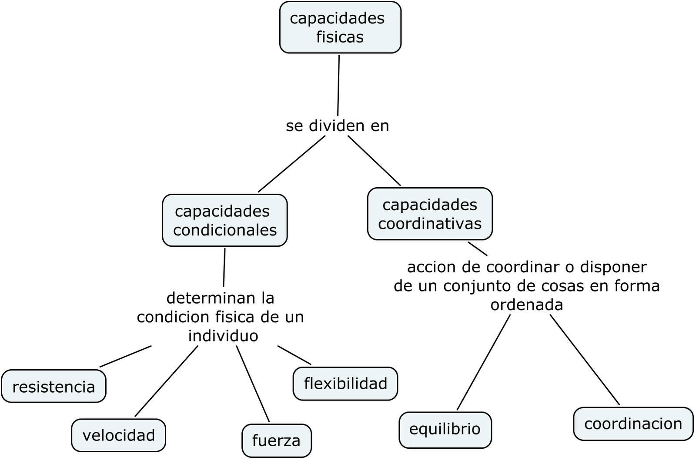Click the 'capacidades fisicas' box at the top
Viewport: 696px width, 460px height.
coord(340,27)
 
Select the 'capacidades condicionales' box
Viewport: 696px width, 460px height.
coord(224,220)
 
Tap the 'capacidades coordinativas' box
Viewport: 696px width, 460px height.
coord(430,214)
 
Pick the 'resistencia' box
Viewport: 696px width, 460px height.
coord(54,386)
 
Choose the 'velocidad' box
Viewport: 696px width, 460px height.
coord(118,435)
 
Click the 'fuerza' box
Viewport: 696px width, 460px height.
coord(276,440)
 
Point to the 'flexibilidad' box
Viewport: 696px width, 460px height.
coord(345,384)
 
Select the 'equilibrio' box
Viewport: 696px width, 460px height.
coord(445,429)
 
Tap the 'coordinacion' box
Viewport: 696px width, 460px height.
coord(633,424)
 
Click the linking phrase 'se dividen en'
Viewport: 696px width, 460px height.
coord(337,126)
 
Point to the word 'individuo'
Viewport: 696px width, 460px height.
coord(223,336)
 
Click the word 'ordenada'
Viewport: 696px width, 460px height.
coord(526,305)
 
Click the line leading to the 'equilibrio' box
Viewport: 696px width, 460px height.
coord(483,363)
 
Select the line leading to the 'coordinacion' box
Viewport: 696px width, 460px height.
coord(585,360)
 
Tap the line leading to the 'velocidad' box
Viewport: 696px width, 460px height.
coord(167,381)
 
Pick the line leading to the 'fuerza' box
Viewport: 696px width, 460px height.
coord(253,384)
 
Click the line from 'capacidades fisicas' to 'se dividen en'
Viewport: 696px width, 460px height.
coord(338,85)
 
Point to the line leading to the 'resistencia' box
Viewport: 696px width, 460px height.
coord(125,357)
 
